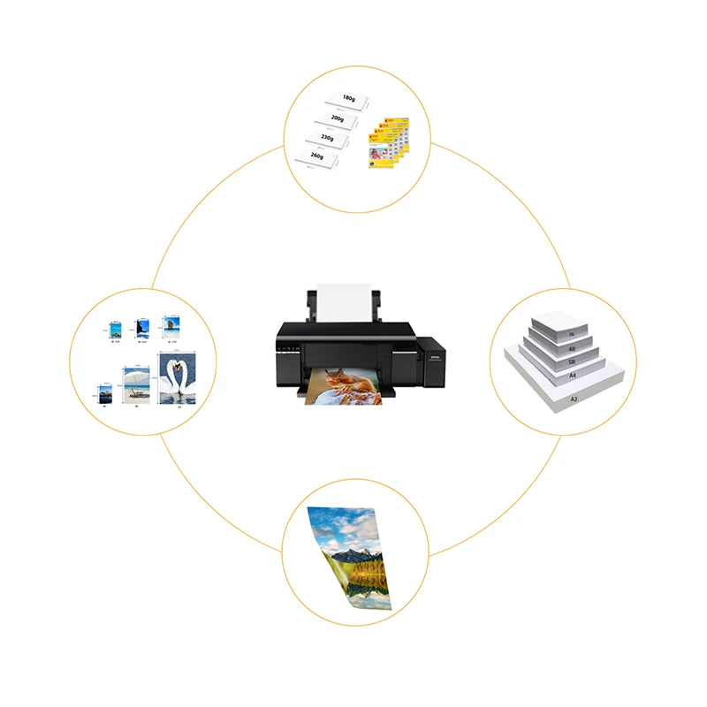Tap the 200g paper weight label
coord(337,118)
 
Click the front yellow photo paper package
coord(379,159)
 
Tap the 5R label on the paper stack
coord(573,363)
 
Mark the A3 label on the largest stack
coord(574,399)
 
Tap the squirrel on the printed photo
coord(341,381)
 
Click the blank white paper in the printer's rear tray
coord(346,303)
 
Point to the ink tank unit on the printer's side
coord(430,360)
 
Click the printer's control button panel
coord(288,351)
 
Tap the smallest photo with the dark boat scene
coord(105,392)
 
